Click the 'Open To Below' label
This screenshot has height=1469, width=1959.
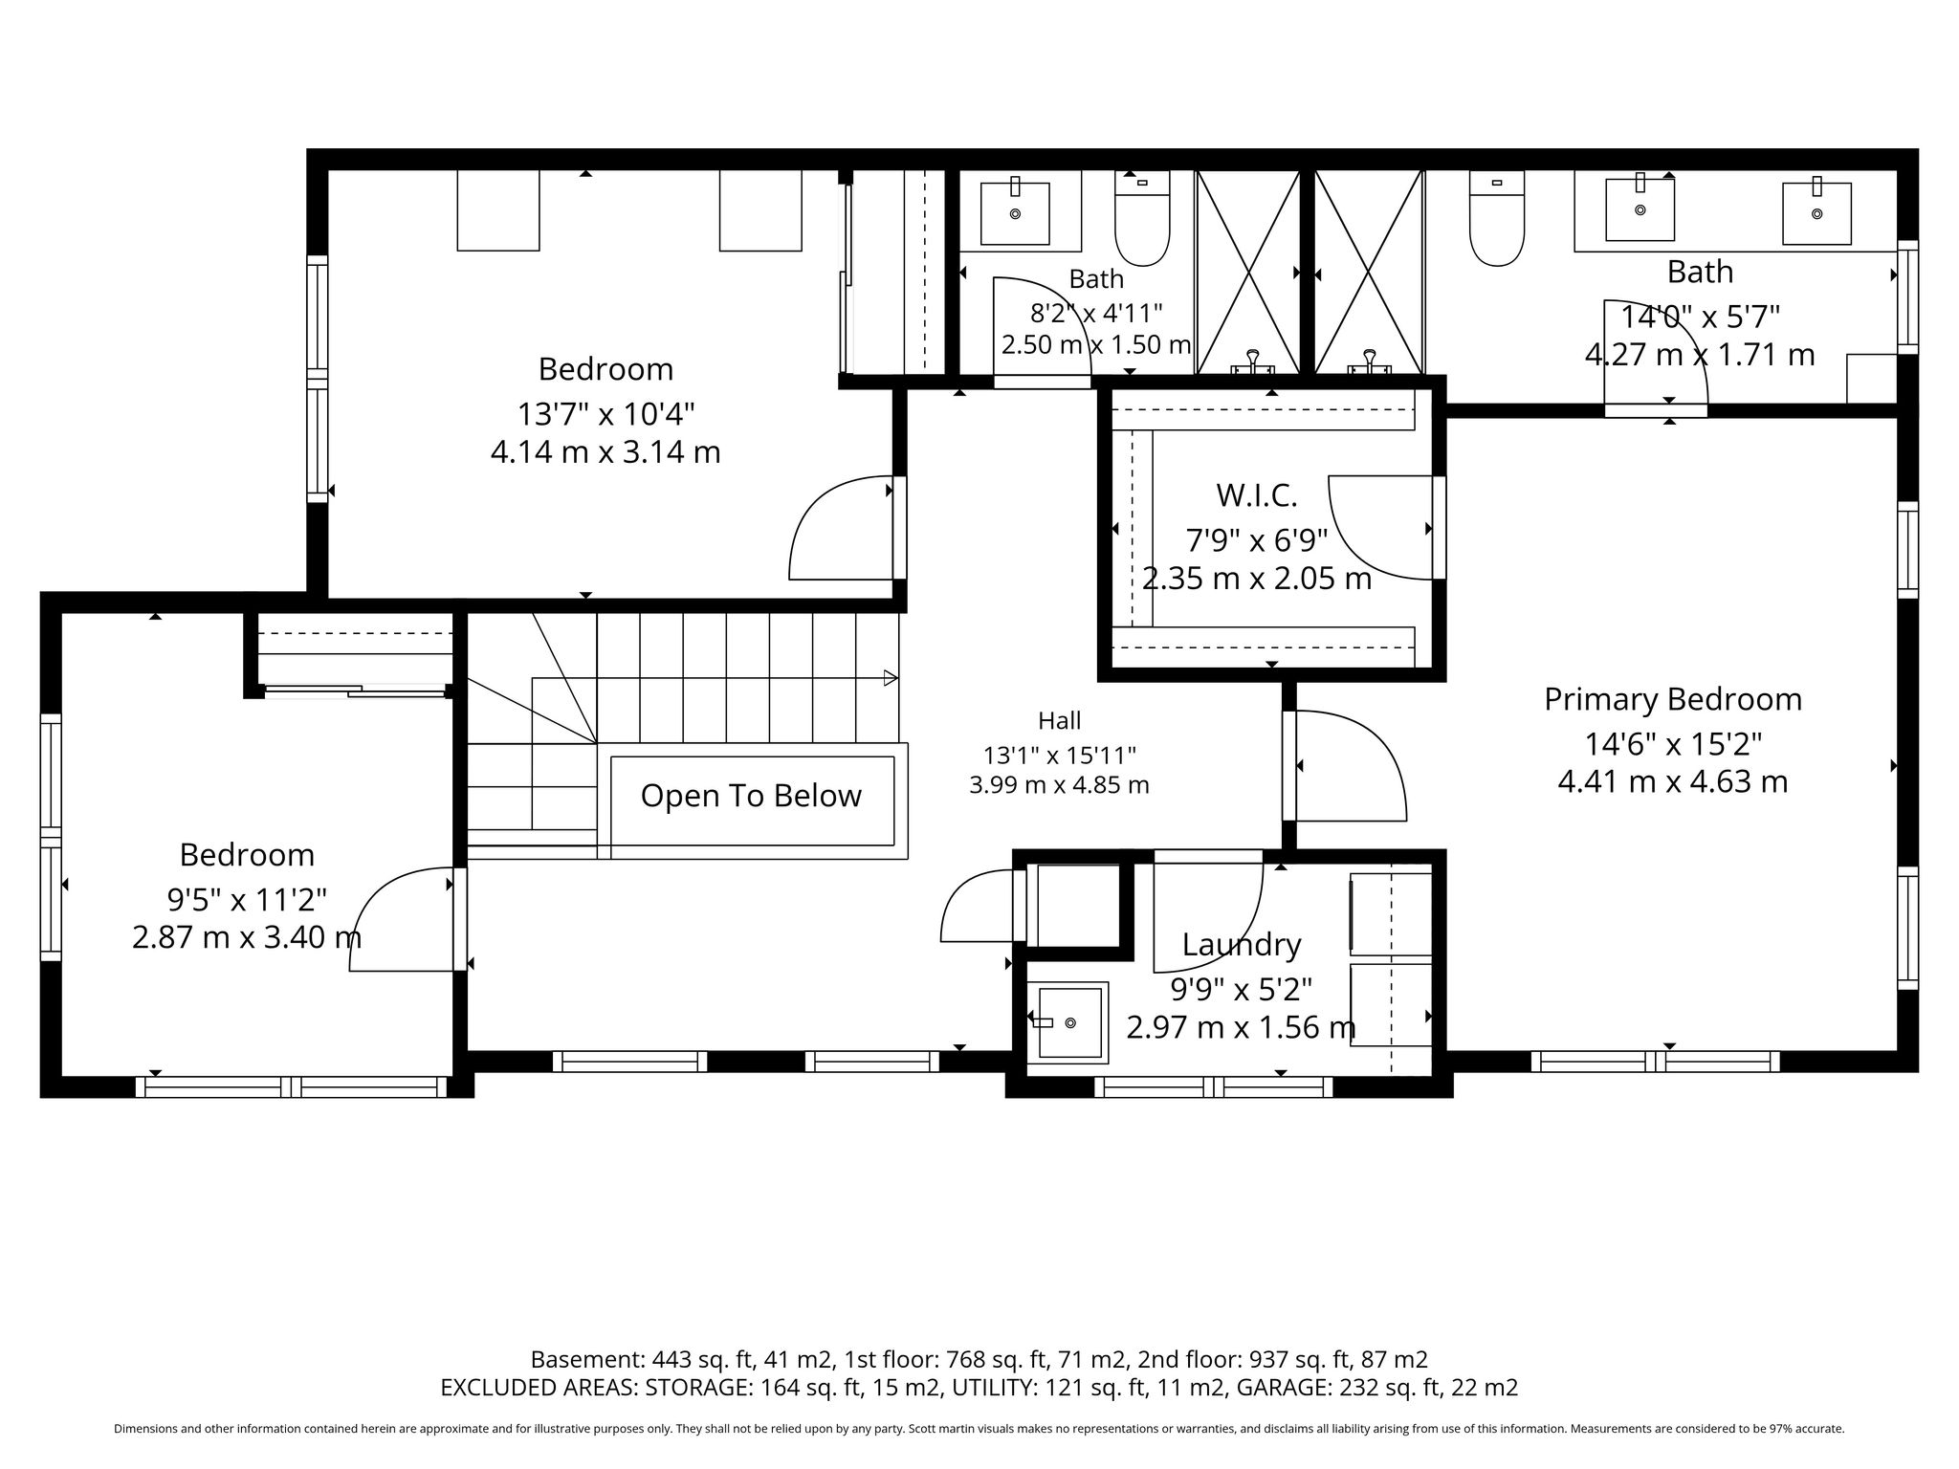pos(751,796)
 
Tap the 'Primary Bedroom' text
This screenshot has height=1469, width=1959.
pos(1673,699)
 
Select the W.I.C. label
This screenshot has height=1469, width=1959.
pos(1256,495)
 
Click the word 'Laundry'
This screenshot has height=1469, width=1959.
pos(1242,945)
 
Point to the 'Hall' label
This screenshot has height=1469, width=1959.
pos(1059,720)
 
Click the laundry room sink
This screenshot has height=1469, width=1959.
pos(1068,1021)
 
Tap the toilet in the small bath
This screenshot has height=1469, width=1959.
pos(1142,218)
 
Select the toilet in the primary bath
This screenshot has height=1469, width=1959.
pos(1497,218)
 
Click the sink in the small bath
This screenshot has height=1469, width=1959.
pos(1015,212)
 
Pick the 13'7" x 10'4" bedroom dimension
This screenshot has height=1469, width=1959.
pos(605,414)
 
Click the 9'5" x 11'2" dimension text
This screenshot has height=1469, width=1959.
pos(247,900)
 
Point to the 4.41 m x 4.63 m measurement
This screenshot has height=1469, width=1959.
pos(1673,782)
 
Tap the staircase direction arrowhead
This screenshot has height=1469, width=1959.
pos(891,678)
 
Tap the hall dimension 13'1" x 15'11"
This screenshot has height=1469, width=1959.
pos(1059,756)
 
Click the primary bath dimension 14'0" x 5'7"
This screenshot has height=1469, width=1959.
pos(1700,317)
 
